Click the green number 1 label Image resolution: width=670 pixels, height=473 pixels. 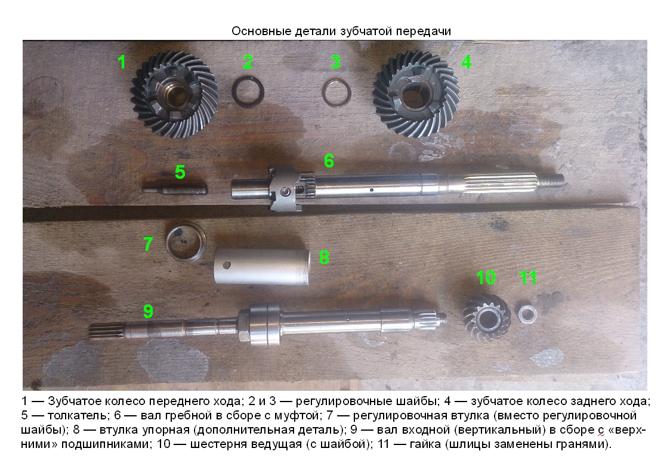[122, 62]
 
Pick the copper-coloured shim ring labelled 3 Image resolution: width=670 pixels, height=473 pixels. [336, 92]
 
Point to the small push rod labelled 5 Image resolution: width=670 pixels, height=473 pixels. [175, 188]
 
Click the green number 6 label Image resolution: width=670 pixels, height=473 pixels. [329, 161]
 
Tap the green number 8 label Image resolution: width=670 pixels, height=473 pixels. [325, 257]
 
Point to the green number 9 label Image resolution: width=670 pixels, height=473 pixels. [148, 311]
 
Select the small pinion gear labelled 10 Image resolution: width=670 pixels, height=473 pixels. [487, 318]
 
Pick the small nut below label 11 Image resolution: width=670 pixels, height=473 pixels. [528, 313]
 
